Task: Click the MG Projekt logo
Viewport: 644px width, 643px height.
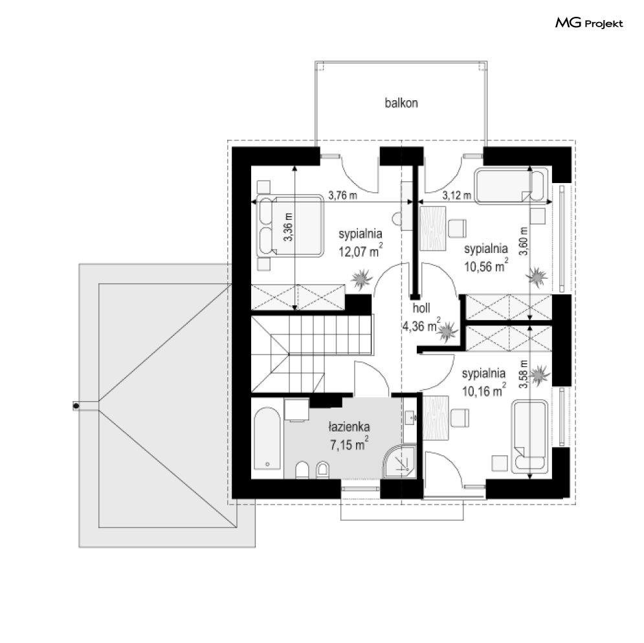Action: [589, 23]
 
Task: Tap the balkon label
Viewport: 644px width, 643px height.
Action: [401, 103]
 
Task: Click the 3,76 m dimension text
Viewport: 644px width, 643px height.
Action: [342, 195]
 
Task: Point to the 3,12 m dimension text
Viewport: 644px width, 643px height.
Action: [457, 195]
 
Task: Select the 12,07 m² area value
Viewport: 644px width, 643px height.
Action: [361, 250]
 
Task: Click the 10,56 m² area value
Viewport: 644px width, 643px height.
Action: [486, 265]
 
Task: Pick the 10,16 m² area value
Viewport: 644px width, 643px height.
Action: [484, 390]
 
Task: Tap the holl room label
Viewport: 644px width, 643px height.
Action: [421, 308]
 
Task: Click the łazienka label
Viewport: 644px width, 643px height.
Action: [349, 427]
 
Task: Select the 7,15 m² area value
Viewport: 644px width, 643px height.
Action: [350, 444]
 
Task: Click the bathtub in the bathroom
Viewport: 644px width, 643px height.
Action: [267, 439]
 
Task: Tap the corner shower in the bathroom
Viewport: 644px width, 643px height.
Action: [399, 461]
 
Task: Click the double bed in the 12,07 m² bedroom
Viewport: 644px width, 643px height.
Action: [290, 226]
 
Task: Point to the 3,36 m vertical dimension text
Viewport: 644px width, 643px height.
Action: [288, 227]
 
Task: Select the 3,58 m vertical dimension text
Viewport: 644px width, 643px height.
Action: [523, 374]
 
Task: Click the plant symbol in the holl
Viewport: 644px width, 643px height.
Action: [447, 331]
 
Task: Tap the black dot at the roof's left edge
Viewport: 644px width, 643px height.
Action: [76, 406]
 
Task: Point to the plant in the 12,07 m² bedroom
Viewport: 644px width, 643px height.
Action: [361, 279]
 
